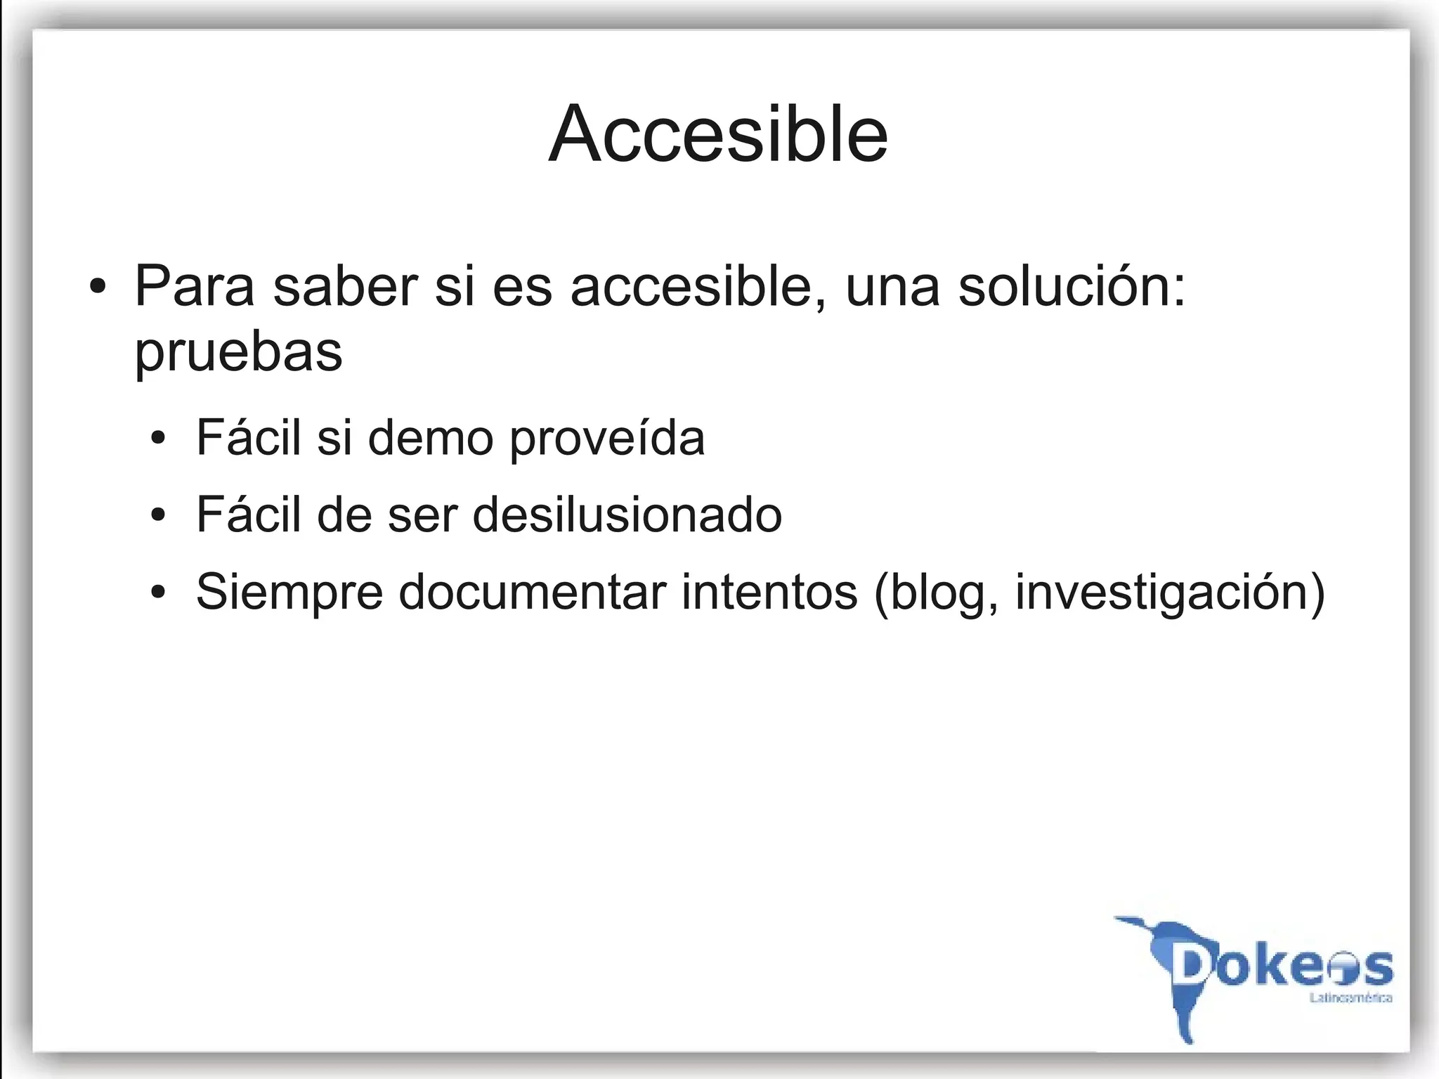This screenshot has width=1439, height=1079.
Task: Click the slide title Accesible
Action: click(718, 134)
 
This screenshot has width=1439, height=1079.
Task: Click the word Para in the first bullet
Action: click(194, 286)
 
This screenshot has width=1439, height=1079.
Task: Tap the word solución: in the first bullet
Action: click(1072, 286)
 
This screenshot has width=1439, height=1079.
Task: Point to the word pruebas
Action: click(238, 351)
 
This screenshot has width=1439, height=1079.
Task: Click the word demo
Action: click(430, 438)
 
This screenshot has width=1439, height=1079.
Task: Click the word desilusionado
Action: click(627, 515)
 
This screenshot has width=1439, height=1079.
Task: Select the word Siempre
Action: click(289, 593)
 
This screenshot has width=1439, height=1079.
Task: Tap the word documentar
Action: click(532, 592)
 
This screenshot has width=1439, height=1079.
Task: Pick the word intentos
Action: click(769, 592)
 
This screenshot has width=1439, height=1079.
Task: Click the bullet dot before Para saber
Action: click(98, 287)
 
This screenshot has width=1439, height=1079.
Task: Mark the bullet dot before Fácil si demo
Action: click(159, 439)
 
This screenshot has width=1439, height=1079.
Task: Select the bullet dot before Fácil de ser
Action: click(159, 515)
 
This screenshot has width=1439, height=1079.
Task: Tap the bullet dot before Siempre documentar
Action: click(159, 593)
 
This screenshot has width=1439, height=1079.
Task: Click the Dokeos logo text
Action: click(1283, 967)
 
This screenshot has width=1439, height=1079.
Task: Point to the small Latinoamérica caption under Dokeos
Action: click(1350, 998)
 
